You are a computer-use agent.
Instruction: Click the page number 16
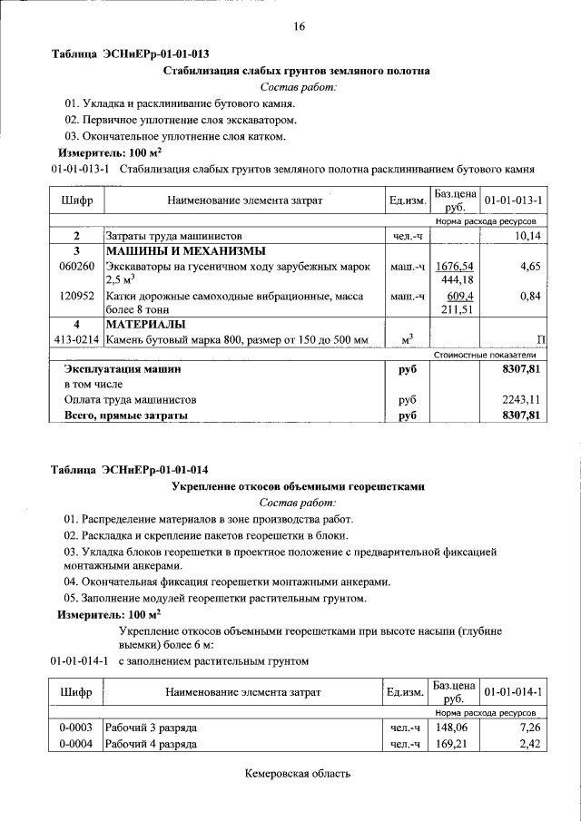coord(299,26)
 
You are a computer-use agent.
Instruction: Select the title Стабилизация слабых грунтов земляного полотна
coord(297,71)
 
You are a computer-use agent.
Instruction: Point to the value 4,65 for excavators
coord(531,267)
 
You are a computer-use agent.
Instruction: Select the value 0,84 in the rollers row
coord(531,296)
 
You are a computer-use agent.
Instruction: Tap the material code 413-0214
coord(76,339)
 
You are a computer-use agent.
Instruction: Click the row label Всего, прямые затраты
coord(125,415)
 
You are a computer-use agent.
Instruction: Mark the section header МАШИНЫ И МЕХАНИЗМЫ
coord(173,251)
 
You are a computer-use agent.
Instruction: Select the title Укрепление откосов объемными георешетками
coord(299,486)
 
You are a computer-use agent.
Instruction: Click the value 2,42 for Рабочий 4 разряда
coord(530,745)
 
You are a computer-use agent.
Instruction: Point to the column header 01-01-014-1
coord(514,692)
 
